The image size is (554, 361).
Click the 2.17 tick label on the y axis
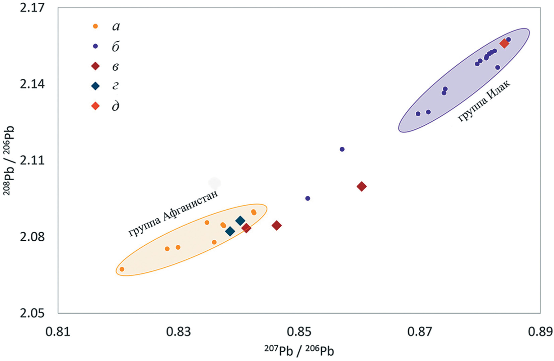click(32, 7)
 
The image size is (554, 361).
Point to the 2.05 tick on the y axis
click(32, 313)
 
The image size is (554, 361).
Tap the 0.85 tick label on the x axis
click(299, 331)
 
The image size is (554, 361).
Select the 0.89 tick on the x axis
click(540, 331)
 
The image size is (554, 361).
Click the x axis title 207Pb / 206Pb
click(299, 351)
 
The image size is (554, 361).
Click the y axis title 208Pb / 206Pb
click(9, 160)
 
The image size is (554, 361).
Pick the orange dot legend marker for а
click(95, 26)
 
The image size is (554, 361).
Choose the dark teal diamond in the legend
click(95, 86)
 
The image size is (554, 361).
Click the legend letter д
click(116, 107)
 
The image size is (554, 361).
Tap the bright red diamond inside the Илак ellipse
click(504, 43)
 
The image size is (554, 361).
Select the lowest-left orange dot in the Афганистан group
click(122, 269)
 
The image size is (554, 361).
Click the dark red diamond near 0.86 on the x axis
click(361, 186)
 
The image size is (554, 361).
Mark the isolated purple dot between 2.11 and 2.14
click(342, 149)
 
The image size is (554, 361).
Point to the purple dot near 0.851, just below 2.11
click(308, 198)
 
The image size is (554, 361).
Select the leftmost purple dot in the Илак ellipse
click(418, 114)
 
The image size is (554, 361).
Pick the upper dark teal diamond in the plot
click(240, 221)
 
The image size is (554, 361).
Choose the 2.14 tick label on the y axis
click(32, 84)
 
